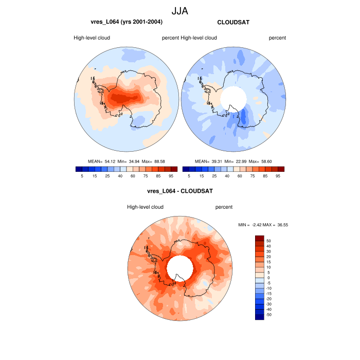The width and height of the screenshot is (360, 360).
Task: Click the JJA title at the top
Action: [x=180, y=10]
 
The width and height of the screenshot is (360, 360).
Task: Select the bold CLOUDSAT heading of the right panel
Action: [x=233, y=22]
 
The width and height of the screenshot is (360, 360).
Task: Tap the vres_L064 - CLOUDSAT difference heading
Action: [x=180, y=191]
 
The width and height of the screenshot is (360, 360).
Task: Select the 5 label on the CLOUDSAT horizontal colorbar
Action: [x=189, y=176]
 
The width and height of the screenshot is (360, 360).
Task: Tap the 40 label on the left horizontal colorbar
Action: [x=120, y=176]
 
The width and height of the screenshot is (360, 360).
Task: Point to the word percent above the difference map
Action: [x=224, y=207]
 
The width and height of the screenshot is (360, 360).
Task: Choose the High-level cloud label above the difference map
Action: [x=145, y=207]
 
